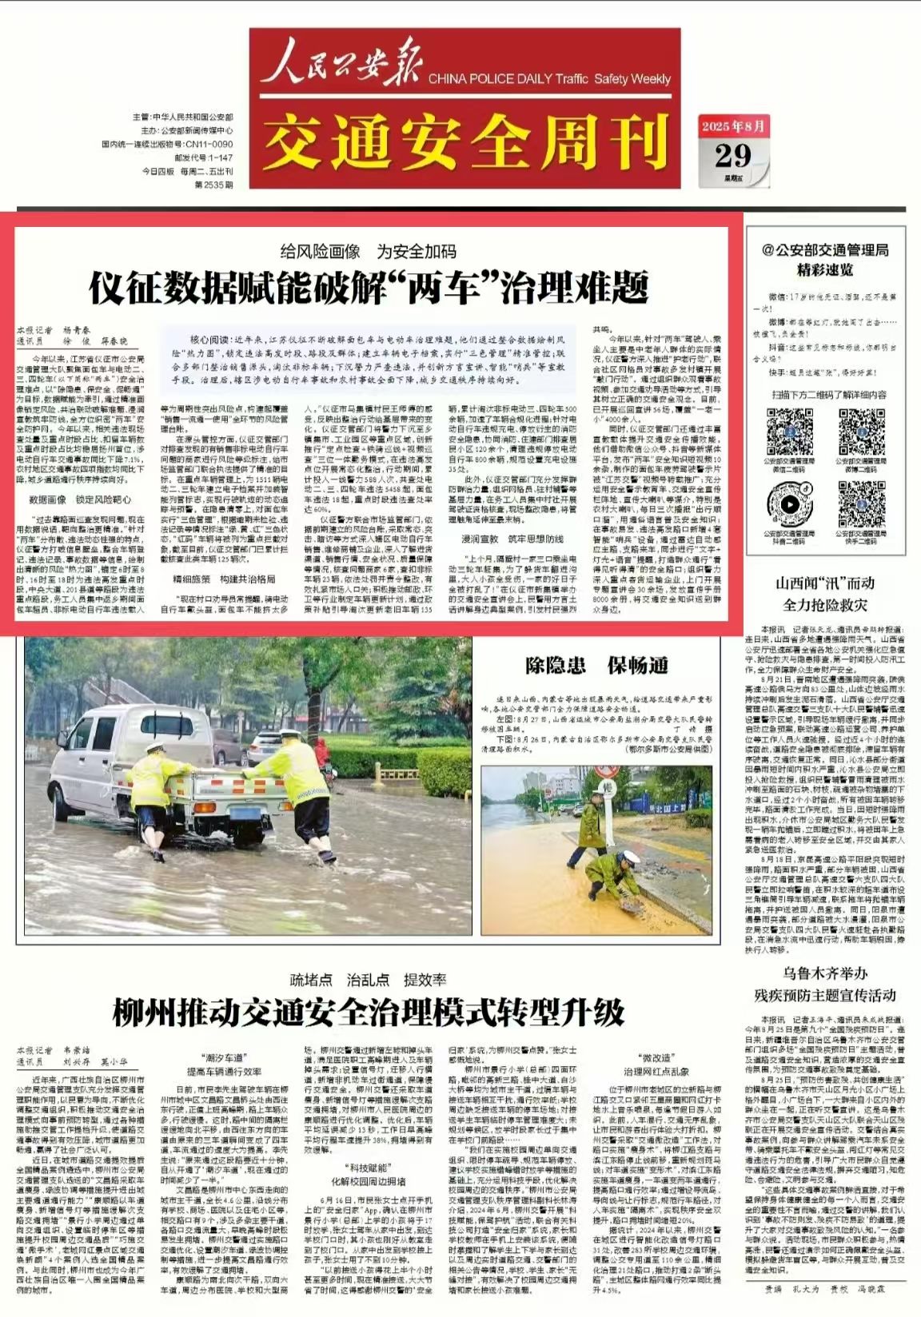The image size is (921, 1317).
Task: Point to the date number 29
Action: coord(733,154)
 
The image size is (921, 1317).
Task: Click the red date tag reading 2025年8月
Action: coord(733,126)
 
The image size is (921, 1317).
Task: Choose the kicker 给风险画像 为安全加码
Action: coord(369,252)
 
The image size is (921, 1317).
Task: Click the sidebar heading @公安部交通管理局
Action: coord(825,250)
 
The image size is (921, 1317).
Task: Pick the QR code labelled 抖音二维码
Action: coord(790,504)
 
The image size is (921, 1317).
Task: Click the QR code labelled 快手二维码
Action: coord(861,504)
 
